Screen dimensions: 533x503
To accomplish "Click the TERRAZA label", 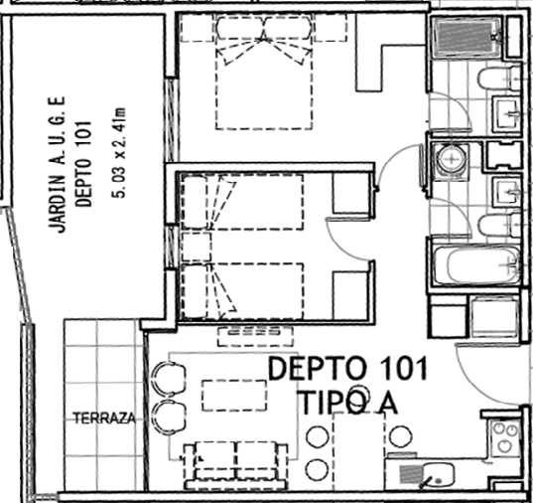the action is click(104, 419).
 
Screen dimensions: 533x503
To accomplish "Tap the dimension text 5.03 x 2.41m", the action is click(120, 152).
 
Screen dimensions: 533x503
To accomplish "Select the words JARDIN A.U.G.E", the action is click(57, 164).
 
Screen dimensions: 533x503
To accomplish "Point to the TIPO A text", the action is click(349, 403).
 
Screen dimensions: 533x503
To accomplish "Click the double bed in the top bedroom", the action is click(264, 73).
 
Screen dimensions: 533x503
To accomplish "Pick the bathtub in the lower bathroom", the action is click(476, 265).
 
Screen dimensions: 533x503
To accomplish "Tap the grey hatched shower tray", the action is click(464, 36).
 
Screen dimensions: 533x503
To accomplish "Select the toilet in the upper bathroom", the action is click(498, 79).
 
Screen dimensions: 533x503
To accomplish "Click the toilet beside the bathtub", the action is click(498, 226).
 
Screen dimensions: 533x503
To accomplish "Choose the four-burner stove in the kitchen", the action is click(505, 437).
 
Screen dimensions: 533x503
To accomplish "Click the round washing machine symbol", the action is click(451, 159).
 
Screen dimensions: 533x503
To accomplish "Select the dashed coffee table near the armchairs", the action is click(234, 396).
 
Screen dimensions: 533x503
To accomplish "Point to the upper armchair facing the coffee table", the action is click(169, 378).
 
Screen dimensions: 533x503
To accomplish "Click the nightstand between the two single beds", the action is click(197, 247).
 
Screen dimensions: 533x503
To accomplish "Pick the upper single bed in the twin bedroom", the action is click(242, 202).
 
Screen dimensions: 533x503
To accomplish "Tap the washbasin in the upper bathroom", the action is click(506, 114).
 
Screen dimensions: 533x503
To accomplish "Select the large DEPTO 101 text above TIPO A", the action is click(347, 369).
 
